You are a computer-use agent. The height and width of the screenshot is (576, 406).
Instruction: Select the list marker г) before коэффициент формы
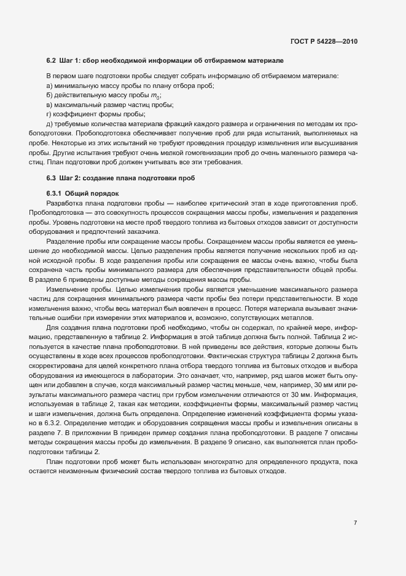coord(49,114)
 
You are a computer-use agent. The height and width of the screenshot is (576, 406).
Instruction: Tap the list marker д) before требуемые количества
coord(50,124)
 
